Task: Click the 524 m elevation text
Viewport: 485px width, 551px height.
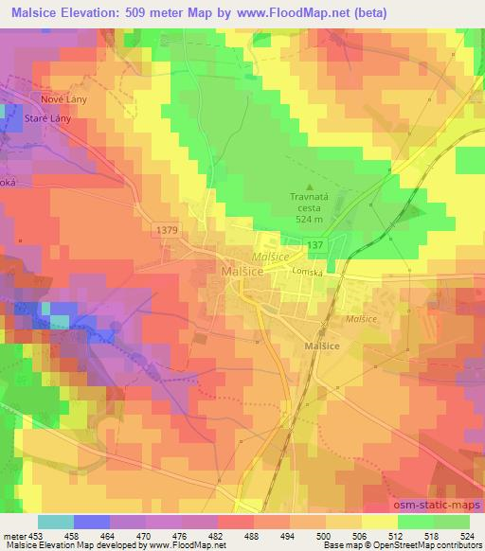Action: (308, 219)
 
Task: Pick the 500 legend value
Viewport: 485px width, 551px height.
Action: (323, 535)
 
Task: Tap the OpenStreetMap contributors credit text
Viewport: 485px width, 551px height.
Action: (427, 545)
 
